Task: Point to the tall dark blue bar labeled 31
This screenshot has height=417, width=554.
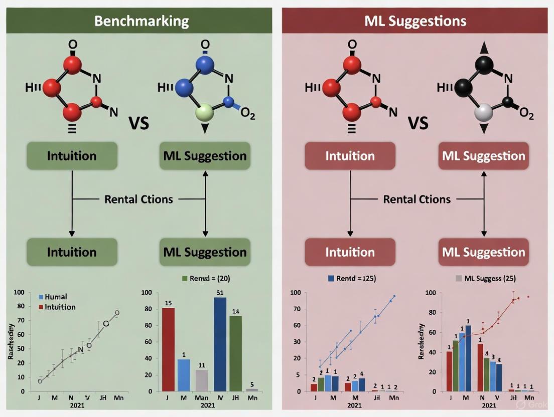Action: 220,344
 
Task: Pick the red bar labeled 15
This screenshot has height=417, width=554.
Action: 169,349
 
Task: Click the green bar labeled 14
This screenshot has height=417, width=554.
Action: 236,353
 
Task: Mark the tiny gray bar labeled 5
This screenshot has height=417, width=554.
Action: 252,389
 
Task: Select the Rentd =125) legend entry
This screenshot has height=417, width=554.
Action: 351,278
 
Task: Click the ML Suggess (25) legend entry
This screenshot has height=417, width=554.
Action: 485,278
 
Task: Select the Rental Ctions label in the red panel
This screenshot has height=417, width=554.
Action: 417,199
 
